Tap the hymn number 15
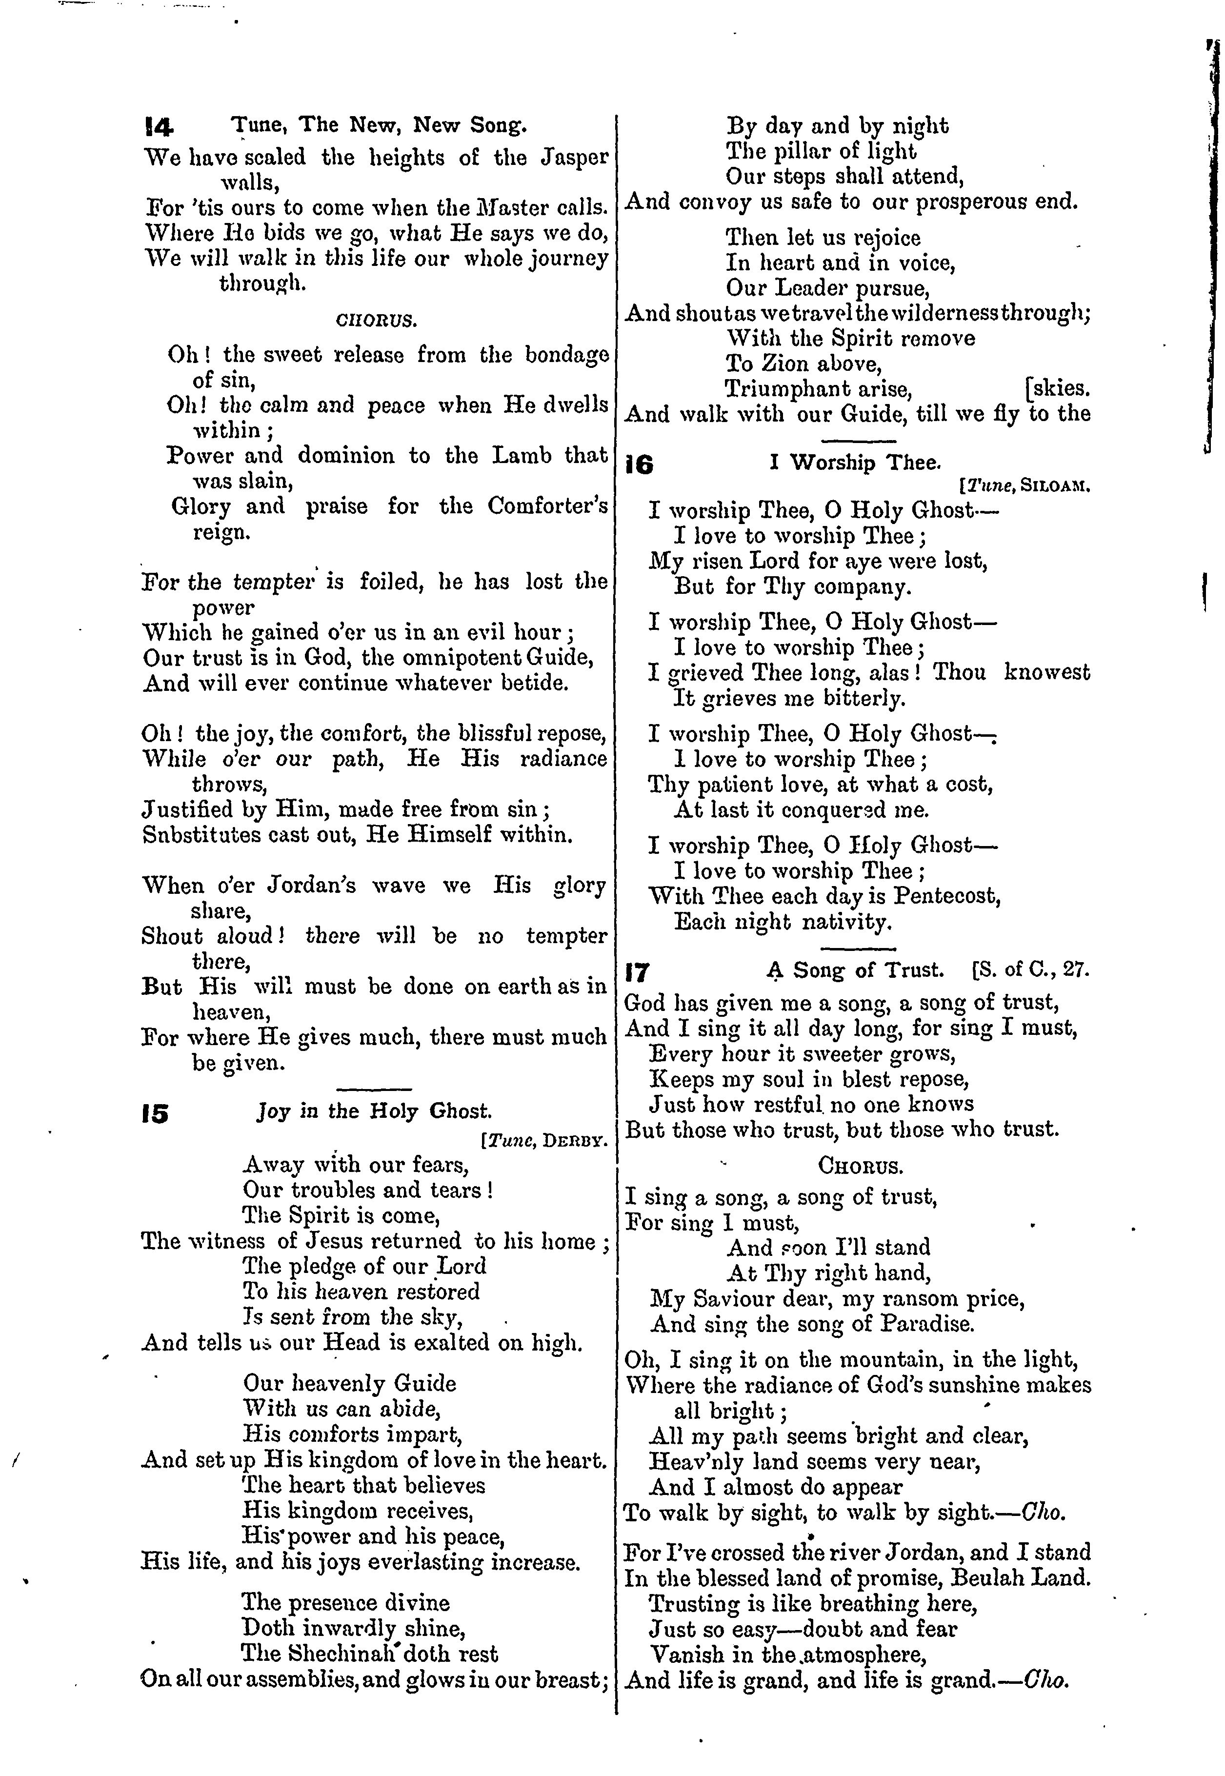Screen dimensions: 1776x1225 click(154, 1113)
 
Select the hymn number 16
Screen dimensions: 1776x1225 click(640, 465)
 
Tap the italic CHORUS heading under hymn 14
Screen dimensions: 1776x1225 click(377, 320)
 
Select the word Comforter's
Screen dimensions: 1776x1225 click(548, 506)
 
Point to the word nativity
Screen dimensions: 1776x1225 click(846, 922)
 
